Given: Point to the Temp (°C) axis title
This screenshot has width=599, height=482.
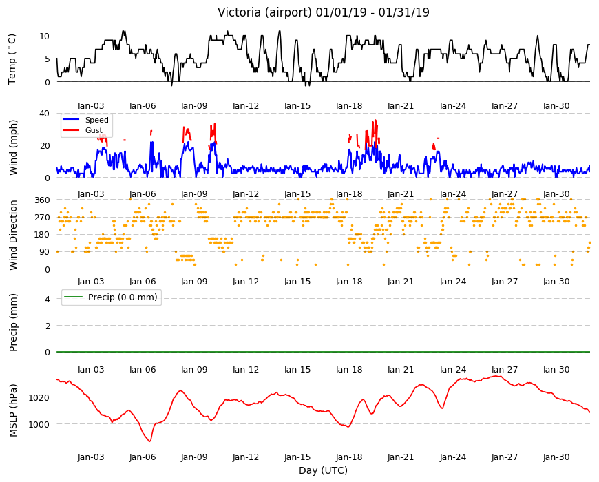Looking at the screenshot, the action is click(x=12, y=59).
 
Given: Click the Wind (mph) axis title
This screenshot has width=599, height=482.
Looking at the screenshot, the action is click(x=13, y=147).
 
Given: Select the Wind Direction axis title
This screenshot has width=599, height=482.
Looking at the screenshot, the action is click(x=13, y=235).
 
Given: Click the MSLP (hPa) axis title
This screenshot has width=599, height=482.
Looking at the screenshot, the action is click(x=13, y=410).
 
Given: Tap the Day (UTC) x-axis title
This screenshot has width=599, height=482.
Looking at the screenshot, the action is click(x=323, y=470).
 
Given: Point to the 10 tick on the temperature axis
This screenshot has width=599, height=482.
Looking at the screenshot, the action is click(x=44, y=36).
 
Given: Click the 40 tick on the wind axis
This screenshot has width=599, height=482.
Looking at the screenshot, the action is click(x=44, y=114).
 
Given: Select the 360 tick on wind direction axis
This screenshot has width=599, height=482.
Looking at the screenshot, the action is click(x=42, y=200).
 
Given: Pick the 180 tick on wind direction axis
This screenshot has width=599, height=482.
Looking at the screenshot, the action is click(x=42, y=235).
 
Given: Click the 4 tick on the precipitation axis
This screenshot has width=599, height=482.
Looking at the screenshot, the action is click(x=48, y=299).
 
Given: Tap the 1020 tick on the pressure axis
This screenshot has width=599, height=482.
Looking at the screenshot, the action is click(x=39, y=397).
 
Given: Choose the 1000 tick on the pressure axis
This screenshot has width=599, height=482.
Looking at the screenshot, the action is click(x=39, y=424).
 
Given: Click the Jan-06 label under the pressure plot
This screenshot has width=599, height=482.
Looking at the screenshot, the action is click(x=143, y=457).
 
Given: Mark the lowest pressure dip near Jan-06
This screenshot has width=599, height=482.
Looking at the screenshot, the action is click(x=150, y=441).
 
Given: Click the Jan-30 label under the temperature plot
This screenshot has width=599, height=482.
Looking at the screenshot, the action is click(x=556, y=106).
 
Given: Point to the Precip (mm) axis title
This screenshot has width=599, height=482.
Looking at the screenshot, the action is click(x=13, y=323).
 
